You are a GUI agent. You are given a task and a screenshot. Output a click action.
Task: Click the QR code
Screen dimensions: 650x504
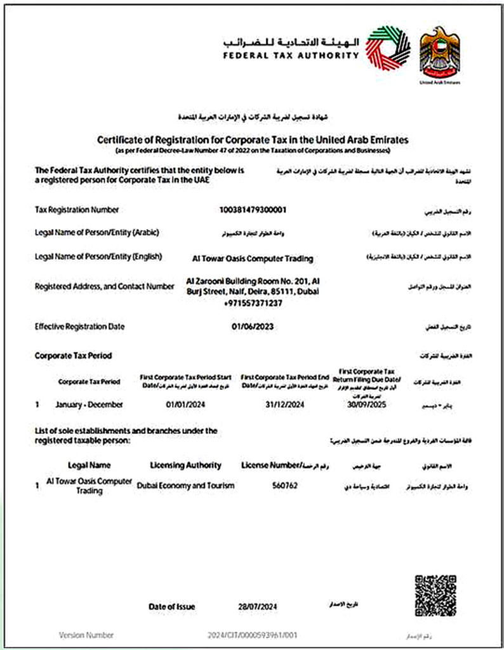[435, 595]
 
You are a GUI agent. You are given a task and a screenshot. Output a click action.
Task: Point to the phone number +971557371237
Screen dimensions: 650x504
[253, 303]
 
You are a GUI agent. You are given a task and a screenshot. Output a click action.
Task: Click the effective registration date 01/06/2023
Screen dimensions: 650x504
[253, 327]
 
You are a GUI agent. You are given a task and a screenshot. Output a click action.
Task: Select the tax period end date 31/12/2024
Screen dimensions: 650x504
[285, 404]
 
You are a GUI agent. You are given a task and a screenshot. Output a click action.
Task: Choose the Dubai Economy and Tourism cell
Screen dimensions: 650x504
[186, 486]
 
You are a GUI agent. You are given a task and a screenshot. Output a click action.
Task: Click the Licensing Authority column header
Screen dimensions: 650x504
[186, 465]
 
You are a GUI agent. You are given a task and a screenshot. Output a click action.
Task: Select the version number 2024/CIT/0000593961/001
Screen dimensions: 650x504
[253, 635]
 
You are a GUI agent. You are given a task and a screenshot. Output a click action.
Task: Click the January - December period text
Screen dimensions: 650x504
[89, 404]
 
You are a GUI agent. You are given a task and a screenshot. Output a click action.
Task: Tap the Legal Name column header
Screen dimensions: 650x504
[89, 465]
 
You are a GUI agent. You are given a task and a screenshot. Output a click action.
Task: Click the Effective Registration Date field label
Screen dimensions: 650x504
[80, 327]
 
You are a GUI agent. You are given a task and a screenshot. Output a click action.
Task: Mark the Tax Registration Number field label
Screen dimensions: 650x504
[77, 209]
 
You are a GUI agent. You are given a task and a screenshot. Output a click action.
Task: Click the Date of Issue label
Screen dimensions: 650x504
[172, 606]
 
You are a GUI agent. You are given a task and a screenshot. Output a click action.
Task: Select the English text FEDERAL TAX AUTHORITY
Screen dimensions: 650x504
[291, 55]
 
